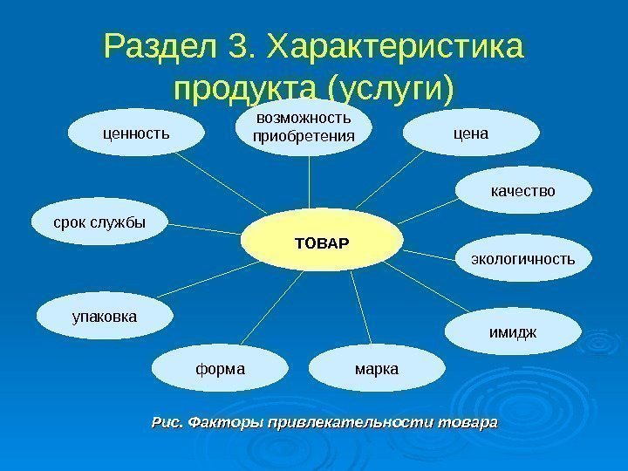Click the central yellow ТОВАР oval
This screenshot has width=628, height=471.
[x=322, y=241]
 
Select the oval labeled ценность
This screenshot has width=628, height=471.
[x=137, y=133]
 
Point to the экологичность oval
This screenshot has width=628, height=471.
[x=523, y=259]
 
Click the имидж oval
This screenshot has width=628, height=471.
[x=513, y=332]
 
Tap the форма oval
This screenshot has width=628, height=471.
[x=221, y=369]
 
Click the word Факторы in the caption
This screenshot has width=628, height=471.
[x=220, y=423]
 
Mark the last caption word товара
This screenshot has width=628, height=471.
[x=468, y=423]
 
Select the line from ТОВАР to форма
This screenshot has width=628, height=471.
[x=262, y=310]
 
